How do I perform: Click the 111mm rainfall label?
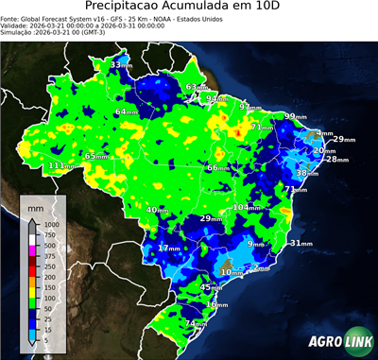[x=62, y=165]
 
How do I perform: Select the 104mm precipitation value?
[x=247, y=207]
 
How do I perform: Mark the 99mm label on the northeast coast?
[x=297, y=116]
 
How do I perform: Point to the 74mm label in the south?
[x=196, y=324]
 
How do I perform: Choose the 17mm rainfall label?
[x=168, y=248]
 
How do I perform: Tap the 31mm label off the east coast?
[x=301, y=243]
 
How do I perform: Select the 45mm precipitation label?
[x=213, y=287]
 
